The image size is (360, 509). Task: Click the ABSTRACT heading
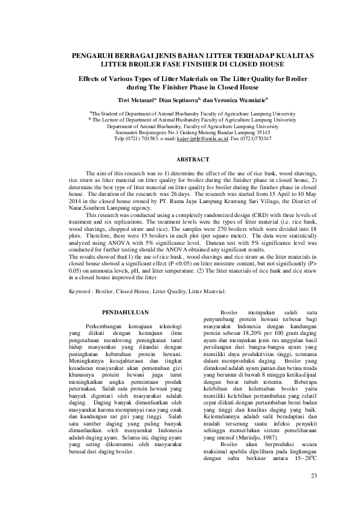(192, 159)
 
